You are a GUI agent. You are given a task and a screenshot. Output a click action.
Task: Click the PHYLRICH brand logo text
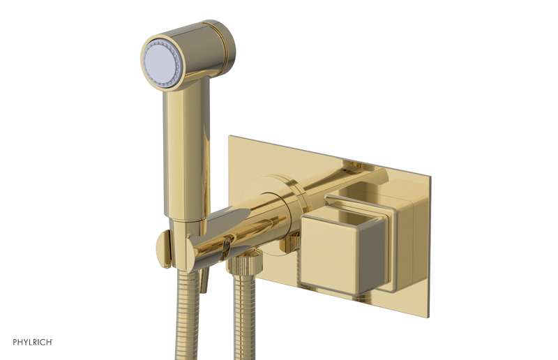pos(33,342)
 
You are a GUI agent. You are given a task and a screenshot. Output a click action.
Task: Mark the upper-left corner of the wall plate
pos(229,135)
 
